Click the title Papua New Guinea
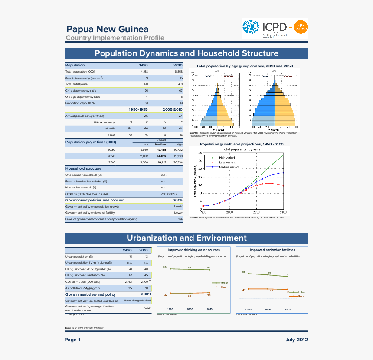(x=107, y=29)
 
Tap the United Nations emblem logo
(x=250, y=28)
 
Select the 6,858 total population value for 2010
(x=178, y=71)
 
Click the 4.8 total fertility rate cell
(x=146, y=84)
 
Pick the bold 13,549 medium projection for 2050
(x=161, y=155)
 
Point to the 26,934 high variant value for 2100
(x=178, y=162)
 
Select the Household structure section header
(x=83, y=168)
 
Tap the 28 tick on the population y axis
(x=200, y=153)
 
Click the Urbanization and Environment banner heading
(x=186, y=238)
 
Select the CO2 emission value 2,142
(x=128, y=281)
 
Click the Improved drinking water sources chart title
(x=194, y=250)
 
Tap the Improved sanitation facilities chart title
(x=272, y=250)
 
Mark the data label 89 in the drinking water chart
(x=164, y=267)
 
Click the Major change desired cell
(x=137, y=301)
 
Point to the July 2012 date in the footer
(x=297, y=340)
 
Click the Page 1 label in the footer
(x=73, y=340)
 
